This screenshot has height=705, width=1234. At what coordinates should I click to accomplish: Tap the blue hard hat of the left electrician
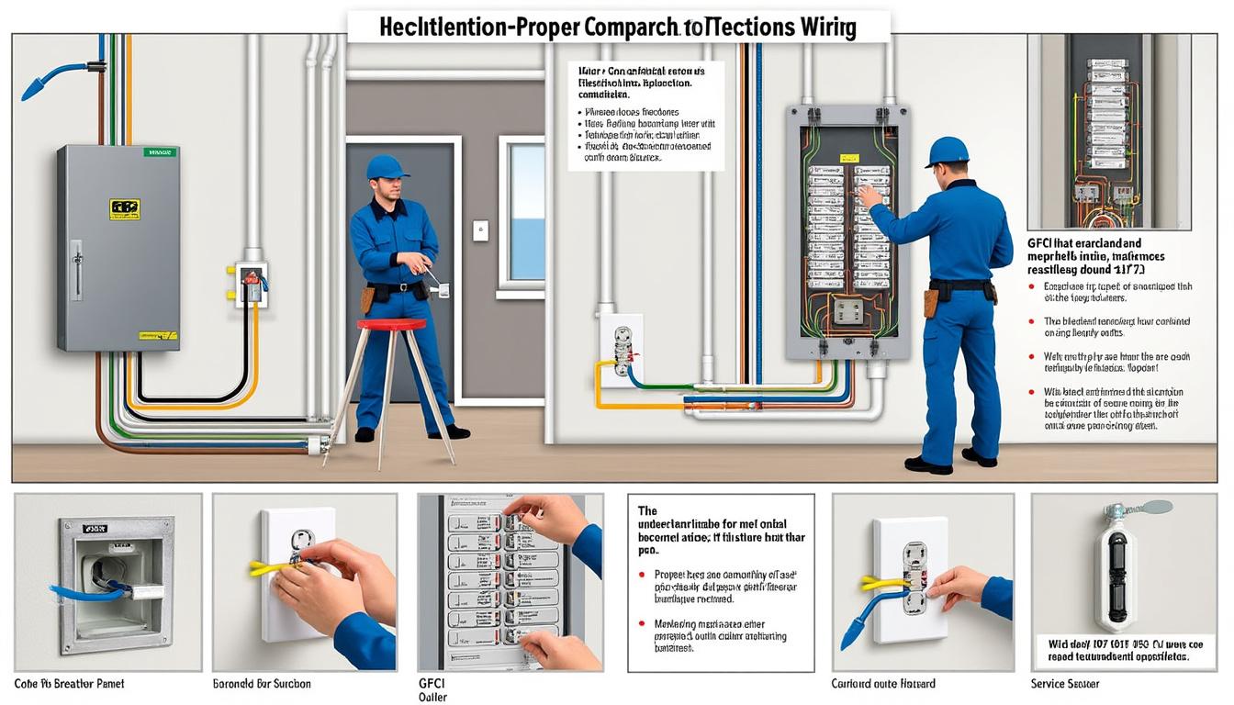[387, 166]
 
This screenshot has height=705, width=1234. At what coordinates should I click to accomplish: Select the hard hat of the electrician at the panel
[948, 151]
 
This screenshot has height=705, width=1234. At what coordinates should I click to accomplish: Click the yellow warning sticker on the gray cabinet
[124, 209]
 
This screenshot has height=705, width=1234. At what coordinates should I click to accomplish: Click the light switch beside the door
[480, 230]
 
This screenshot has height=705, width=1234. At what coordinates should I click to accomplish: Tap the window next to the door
[526, 212]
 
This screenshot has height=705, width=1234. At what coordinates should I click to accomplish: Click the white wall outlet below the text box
[622, 350]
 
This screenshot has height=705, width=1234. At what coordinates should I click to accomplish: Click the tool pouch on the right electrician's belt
[931, 300]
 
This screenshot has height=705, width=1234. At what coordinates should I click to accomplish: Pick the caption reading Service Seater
[1065, 684]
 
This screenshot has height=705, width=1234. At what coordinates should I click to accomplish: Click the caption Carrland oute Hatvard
[882, 684]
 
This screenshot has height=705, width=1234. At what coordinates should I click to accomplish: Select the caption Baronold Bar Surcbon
[262, 684]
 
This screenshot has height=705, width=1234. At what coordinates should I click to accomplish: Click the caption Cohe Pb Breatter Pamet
[69, 684]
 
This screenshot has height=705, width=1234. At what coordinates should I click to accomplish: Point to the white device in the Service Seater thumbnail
[1115, 576]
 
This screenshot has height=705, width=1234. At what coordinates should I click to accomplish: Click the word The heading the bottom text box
[648, 510]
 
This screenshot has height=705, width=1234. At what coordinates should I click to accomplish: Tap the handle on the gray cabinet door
[76, 269]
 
